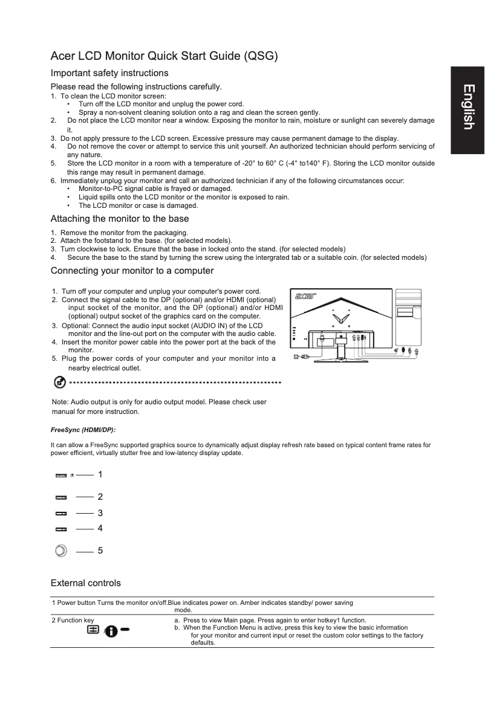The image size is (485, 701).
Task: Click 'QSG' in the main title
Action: click(260, 57)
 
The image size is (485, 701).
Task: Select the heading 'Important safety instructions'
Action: click(109, 73)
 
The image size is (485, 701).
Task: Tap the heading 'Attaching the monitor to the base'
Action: click(120, 219)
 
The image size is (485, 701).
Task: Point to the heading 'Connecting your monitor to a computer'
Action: click(132, 270)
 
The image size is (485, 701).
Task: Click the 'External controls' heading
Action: click(86, 583)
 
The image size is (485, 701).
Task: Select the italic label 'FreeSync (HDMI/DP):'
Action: click(83, 430)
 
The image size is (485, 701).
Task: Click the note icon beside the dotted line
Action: click(59, 383)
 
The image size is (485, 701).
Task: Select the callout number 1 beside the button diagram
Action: click(100, 475)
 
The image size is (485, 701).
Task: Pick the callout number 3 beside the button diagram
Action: click(100, 513)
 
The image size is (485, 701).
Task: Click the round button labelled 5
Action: click(61, 551)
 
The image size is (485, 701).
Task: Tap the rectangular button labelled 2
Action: click(61, 497)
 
